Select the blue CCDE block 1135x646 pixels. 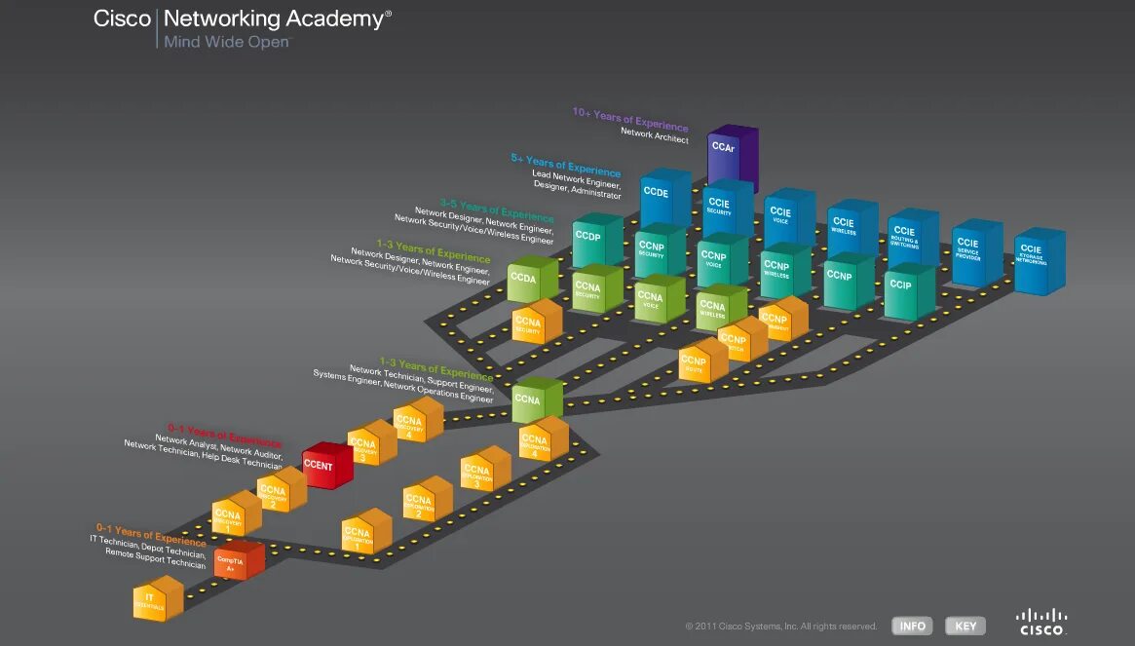point(663,199)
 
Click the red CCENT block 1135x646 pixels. point(324,468)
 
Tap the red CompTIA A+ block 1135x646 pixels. point(237,562)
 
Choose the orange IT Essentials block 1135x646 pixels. point(157,598)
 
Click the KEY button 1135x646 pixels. point(965,626)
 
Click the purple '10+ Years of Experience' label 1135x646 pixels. point(630,121)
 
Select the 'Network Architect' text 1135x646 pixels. point(654,137)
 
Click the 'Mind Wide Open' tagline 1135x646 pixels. point(227,42)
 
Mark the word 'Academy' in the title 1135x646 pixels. point(332,18)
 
